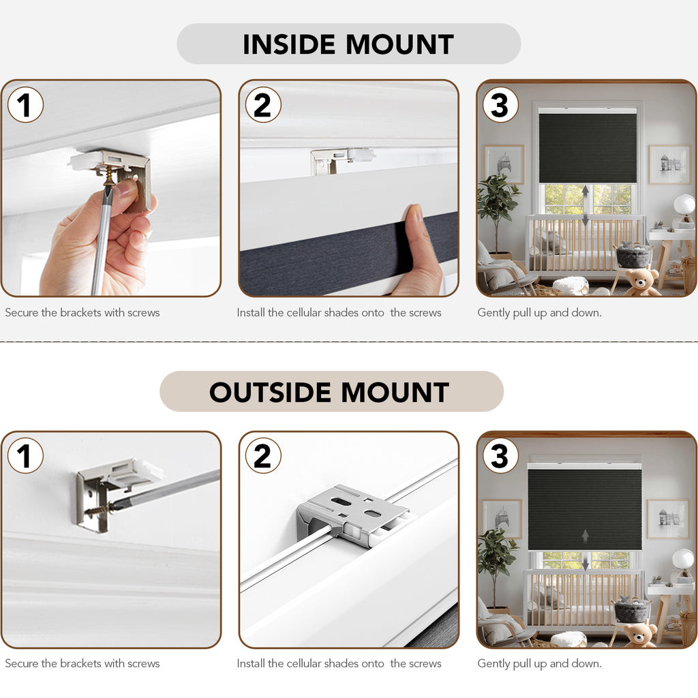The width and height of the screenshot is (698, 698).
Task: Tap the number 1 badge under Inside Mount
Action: [25, 104]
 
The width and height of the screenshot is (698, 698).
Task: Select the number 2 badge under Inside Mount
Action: [263, 104]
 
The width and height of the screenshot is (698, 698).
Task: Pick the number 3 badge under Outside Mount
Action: [500, 455]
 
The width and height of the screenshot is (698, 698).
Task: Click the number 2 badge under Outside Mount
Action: [263, 455]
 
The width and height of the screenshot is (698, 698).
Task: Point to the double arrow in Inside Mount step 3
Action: [586, 205]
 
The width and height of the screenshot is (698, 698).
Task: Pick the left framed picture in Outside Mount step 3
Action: [503, 519]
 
